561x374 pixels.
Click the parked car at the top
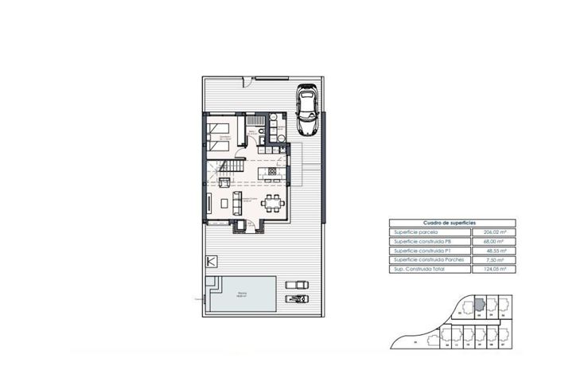click(306, 111)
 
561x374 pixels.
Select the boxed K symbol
click(211, 261)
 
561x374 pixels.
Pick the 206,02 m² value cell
click(494, 232)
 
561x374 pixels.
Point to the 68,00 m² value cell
click(494, 241)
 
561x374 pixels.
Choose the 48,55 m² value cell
click(494, 251)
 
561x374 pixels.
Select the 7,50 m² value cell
click(494, 260)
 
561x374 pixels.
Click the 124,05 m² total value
click(494, 270)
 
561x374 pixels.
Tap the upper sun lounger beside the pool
click(294, 284)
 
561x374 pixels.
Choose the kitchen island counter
click(269, 173)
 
